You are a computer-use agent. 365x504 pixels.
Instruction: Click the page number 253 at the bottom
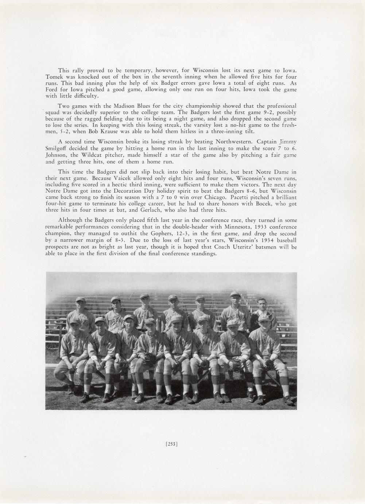[171, 444]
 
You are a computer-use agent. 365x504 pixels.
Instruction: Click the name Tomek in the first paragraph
[53, 77]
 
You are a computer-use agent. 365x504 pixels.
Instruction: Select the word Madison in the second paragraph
[125, 106]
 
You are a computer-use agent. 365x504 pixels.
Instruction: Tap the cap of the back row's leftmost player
[80, 299]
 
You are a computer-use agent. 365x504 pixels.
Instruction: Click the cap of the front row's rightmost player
[264, 318]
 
